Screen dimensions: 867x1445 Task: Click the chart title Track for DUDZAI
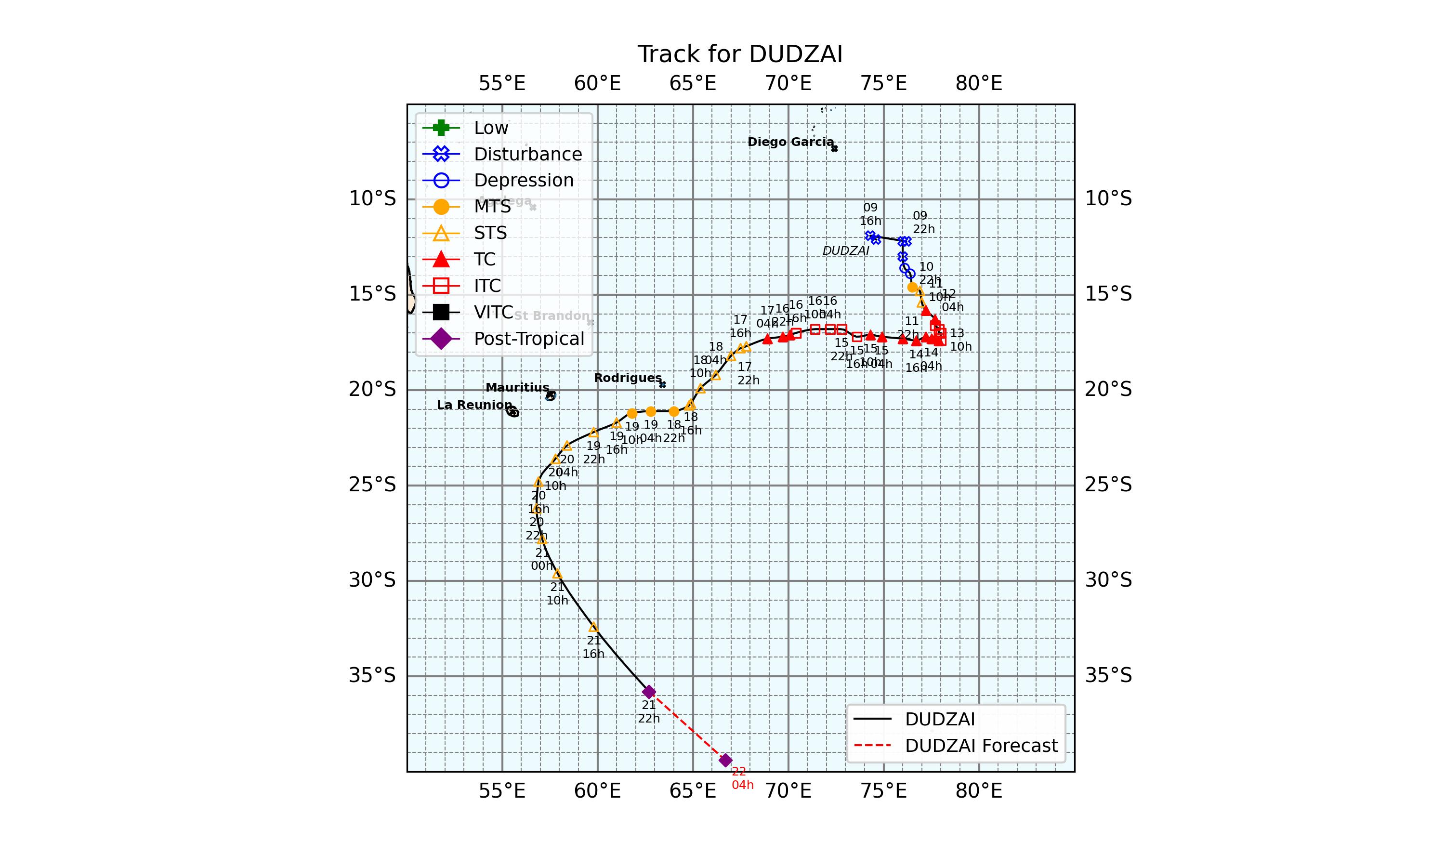(x=739, y=54)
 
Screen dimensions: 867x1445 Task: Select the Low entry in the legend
(x=491, y=127)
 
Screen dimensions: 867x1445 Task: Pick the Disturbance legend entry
(x=527, y=154)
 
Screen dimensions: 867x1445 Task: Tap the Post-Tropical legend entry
(x=528, y=339)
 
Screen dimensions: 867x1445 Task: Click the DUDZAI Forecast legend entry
(x=981, y=746)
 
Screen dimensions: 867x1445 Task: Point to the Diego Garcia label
(x=790, y=142)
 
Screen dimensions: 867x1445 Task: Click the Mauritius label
(x=517, y=387)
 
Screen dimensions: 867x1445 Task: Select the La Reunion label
(x=474, y=405)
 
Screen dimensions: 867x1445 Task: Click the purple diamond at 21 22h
(x=649, y=692)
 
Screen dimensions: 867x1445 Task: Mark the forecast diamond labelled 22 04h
(x=725, y=760)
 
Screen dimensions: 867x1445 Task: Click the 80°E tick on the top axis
(x=979, y=83)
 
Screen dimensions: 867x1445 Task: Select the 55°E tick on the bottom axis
(x=502, y=791)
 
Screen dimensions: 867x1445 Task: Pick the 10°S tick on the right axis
(x=1108, y=198)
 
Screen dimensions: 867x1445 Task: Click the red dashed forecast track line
(x=687, y=726)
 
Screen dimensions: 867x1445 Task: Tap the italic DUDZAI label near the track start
(x=845, y=250)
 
